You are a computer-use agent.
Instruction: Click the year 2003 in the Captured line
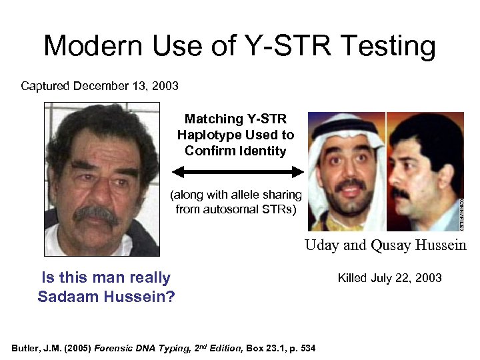point(164,86)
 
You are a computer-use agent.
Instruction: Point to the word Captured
point(46,86)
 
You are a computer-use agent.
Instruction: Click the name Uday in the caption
point(322,245)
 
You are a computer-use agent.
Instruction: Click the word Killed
point(354,278)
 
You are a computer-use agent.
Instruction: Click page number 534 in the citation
point(307,348)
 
